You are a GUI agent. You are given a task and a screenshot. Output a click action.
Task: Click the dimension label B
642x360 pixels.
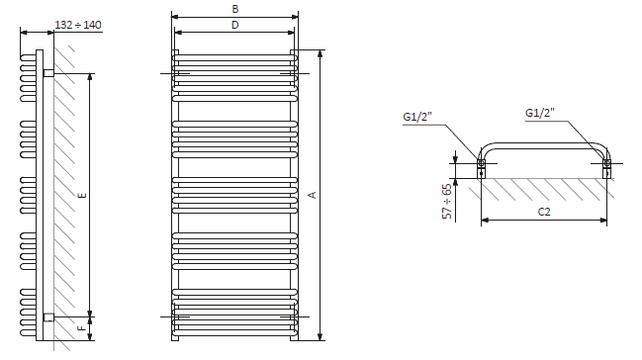click(235, 9)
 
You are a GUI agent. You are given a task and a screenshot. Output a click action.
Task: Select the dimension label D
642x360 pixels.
click(235, 25)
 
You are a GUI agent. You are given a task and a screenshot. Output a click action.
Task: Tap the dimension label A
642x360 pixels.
click(313, 195)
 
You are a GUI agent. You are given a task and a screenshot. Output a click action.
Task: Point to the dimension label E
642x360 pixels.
click(82, 195)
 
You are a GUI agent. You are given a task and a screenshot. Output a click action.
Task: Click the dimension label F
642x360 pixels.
click(82, 328)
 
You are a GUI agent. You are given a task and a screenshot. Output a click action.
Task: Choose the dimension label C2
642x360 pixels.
click(544, 212)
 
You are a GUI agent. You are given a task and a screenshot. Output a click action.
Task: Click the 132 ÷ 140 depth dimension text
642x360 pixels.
click(78, 25)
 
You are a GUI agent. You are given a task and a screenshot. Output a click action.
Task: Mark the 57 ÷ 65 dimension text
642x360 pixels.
click(447, 202)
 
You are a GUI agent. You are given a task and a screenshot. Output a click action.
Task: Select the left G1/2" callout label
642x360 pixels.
click(417, 117)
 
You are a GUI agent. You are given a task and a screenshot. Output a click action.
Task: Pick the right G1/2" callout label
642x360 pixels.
click(540, 113)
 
